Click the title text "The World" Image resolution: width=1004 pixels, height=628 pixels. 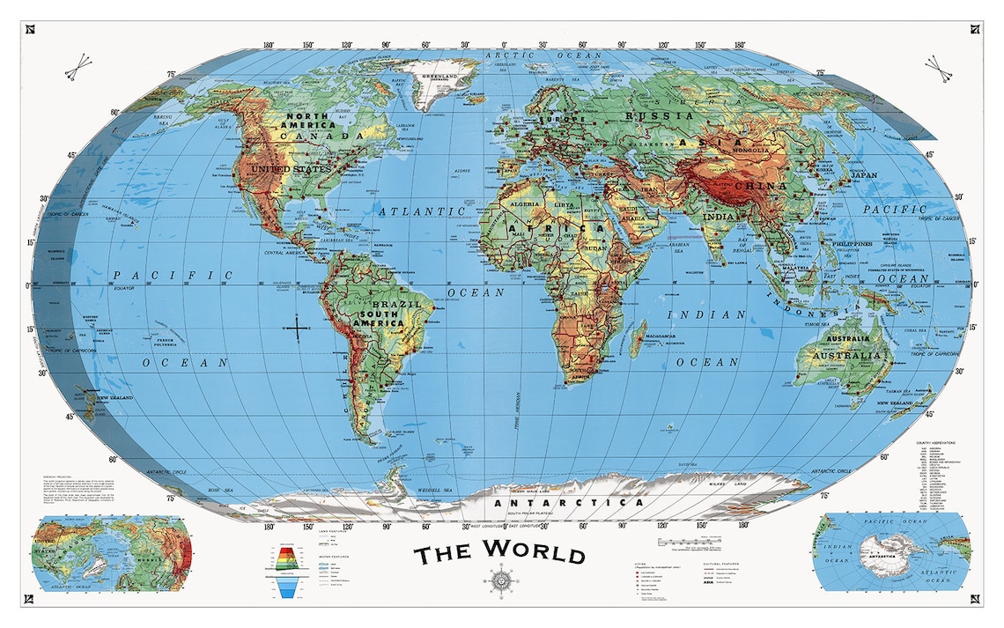coord(499,554)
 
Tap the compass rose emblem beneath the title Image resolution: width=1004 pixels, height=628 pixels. coord(499,582)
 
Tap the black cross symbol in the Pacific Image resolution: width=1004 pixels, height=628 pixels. coord(299,329)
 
